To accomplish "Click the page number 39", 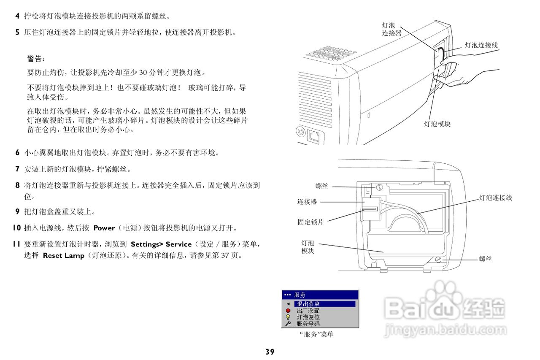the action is tap(270, 352).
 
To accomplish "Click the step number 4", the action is tap(17, 16).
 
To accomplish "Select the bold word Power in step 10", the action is tap(104, 228).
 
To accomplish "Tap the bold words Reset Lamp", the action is tap(64, 256).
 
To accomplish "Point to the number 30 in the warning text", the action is tap(143, 72).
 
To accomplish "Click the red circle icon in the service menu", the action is tap(288, 311).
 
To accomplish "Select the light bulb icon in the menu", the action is tap(288, 317).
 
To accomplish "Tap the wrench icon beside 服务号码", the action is tap(288, 324).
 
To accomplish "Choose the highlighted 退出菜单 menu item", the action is tap(324, 304).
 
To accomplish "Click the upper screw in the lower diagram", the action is tap(379, 187).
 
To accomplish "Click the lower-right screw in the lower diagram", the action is tap(438, 260).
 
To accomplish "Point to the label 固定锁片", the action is tap(310, 222).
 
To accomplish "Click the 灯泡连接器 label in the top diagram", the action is tap(391, 29).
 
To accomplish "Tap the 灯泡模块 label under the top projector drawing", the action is tap(437, 124).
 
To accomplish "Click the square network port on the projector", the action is tap(313, 136).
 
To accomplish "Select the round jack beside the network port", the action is tap(301, 132).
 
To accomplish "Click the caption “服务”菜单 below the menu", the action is tap(316, 334).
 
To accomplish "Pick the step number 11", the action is tap(16, 244).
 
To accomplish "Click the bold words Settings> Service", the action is tap(161, 244).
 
